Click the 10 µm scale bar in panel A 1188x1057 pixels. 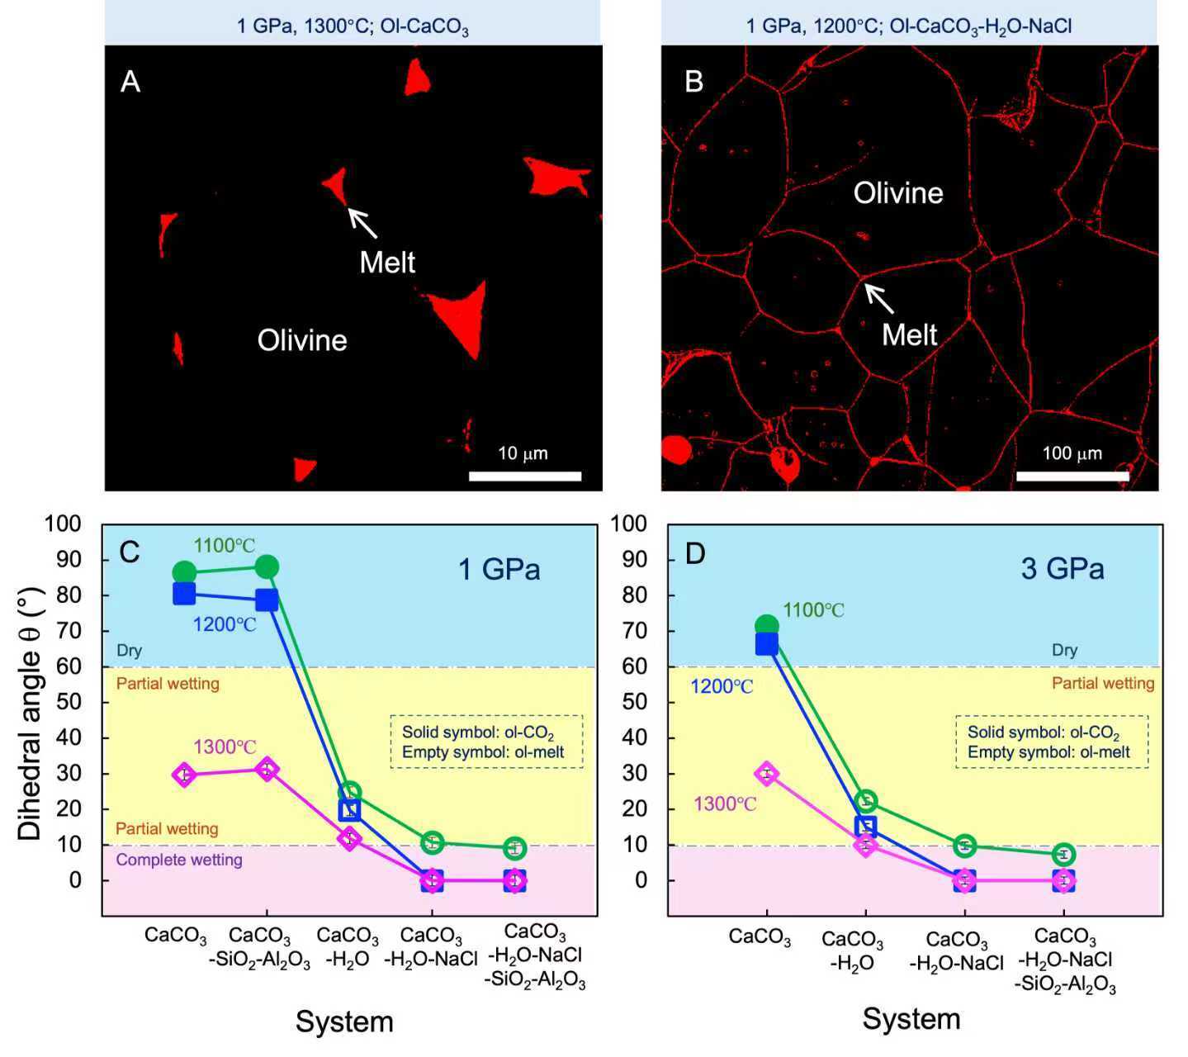click(x=525, y=476)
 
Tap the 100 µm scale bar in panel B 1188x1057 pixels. click(x=1072, y=476)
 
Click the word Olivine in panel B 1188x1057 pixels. click(x=897, y=193)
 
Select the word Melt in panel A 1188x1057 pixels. click(x=387, y=263)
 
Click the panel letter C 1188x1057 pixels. click(x=130, y=552)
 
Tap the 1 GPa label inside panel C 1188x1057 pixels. click(x=499, y=569)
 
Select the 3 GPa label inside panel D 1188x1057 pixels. click(x=1063, y=569)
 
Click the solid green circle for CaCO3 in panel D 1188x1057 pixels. click(x=767, y=626)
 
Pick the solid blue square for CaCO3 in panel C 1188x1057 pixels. click(x=184, y=593)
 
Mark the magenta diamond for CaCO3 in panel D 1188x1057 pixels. click(x=767, y=774)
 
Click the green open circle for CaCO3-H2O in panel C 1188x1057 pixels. click(x=349, y=793)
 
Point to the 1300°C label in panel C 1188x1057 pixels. click(x=225, y=747)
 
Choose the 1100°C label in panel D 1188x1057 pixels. click(x=813, y=610)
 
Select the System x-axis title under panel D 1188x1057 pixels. click(x=911, y=1019)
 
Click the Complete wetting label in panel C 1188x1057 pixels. click(x=179, y=860)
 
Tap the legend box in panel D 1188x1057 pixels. click(x=1052, y=742)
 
